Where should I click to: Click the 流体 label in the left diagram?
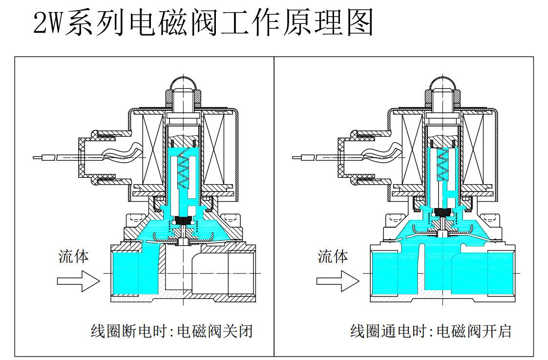pos(74,256)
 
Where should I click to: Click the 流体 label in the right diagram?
pos(333,256)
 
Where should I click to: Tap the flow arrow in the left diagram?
pos(78,281)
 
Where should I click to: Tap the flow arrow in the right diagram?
pos(337,281)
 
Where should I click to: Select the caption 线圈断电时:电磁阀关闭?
pos(172,331)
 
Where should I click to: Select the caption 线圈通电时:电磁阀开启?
pos(431,331)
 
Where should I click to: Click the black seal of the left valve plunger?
pos(184,221)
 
